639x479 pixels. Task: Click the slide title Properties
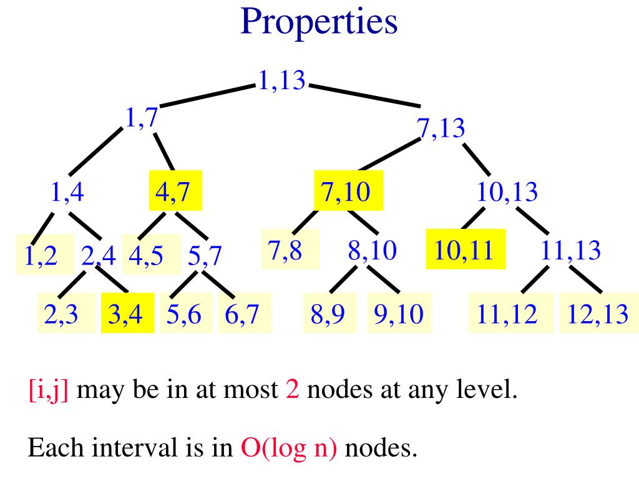pyautogui.click(x=319, y=22)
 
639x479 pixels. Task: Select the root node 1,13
pyautogui.click(x=282, y=80)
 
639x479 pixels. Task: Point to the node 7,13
pyautogui.click(x=441, y=128)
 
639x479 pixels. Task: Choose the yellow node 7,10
pyautogui.click(x=346, y=191)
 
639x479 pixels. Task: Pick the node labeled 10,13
pyautogui.click(x=507, y=191)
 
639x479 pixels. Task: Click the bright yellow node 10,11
pyautogui.click(x=465, y=250)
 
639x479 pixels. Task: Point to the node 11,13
pyautogui.click(x=570, y=250)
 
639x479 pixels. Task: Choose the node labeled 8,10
pyautogui.click(x=372, y=250)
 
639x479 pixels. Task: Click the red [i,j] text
pyautogui.click(x=48, y=391)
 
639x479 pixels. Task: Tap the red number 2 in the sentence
pyautogui.click(x=293, y=391)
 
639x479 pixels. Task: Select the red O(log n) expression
pyautogui.click(x=288, y=448)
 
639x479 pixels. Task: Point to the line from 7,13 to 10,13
pyautogui.click(x=477, y=160)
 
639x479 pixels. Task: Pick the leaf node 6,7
pyautogui.click(x=242, y=314)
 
